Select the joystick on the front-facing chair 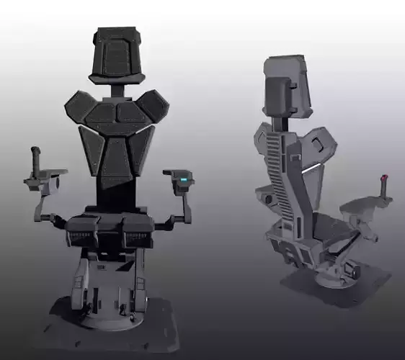pos(33,160)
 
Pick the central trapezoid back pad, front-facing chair pos(117,161)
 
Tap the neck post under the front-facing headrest pos(117,89)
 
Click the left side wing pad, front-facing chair pos(90,151)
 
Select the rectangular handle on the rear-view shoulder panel pos(318,144)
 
